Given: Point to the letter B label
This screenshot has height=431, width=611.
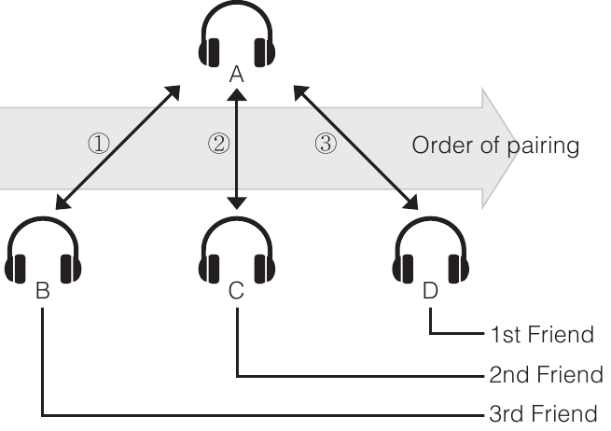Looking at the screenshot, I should (42, 291).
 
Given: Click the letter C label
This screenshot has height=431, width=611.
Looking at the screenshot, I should (237, 291).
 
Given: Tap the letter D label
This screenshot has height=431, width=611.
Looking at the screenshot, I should (430, 291).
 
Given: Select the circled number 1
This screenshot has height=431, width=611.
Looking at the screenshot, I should (98, 145).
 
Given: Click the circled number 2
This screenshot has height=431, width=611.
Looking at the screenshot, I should (217, 145).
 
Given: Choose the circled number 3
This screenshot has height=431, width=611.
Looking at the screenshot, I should (325, 145).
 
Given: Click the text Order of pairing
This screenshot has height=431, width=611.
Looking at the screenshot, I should (495, 146).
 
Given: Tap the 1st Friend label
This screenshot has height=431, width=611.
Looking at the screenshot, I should (541, 334).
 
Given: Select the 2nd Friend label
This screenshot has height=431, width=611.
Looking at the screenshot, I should (545, 374).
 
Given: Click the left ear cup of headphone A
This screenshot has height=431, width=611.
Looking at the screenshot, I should (209, 52).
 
